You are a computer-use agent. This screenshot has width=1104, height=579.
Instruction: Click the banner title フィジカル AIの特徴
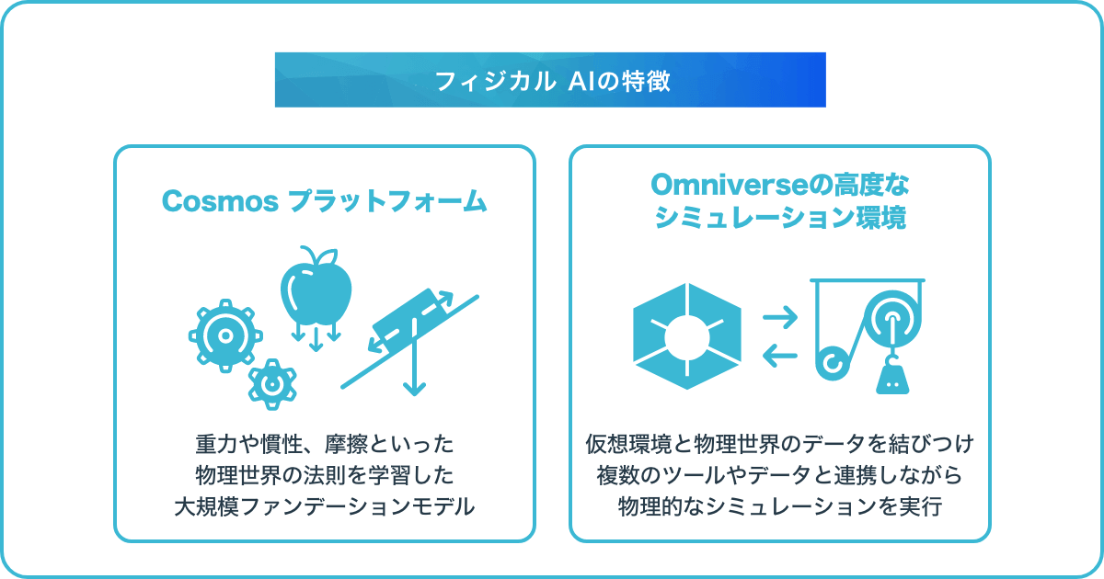click(x=552, y=81)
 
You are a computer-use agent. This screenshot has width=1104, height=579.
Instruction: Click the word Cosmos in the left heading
click(x=220, y=201)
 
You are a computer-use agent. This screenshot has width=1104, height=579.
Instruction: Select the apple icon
click(x=316, y=286)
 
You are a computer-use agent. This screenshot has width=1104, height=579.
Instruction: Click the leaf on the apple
click(x=328, y=256)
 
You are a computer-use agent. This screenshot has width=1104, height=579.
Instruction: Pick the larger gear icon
click(x=225, y=335)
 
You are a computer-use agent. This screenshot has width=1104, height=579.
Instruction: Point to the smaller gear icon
click(x=272, y=384)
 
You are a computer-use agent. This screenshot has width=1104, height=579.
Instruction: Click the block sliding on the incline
click(x=411, y=320)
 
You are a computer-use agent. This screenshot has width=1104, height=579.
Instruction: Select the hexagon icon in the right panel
click(x=687, y=336)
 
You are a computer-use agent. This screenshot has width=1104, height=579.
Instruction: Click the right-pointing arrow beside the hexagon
click(x=780, y=318)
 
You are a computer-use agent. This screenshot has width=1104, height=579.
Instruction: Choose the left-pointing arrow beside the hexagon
click(x=780, y=356)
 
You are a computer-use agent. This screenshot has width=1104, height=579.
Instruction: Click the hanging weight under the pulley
click(x=892, y=378)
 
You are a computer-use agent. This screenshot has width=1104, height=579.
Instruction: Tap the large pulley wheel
click(x=892, y=318)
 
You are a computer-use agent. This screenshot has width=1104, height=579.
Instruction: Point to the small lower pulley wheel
click(x=833, y=363)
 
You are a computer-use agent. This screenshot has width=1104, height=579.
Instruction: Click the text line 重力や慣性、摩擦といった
click(x=325, y=444)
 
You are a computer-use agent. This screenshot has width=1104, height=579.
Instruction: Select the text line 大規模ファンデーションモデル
click(x=325, y=506)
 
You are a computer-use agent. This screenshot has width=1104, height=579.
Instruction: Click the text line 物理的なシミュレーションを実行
click(x=780, y=506)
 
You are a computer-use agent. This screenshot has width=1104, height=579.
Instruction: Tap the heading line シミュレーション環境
click(x=780, y=218)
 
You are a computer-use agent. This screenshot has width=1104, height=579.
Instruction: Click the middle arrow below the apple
click(x=316, y=339)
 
